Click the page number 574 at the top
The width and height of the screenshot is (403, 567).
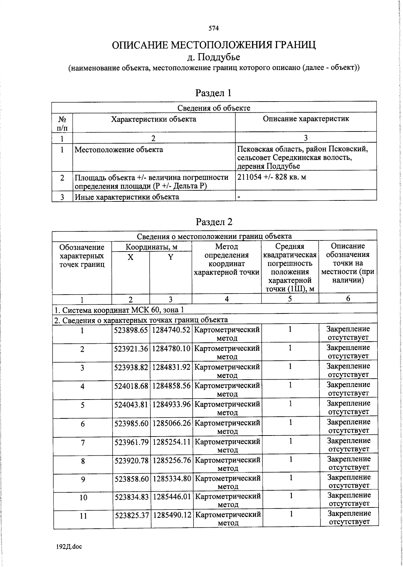[x=214, y=29]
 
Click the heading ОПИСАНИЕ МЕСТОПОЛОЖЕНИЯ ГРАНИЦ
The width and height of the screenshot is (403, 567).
[x=214, y=45]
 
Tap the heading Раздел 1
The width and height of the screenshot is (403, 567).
[x=214, y=93]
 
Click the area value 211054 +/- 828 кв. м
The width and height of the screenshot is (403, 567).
[x=272, y=177]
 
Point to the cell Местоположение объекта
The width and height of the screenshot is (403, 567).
[x=119, y=150]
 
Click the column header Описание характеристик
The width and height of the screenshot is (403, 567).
[x=306, y=119]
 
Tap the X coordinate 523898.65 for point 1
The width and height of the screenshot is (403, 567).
[x=131, y=330]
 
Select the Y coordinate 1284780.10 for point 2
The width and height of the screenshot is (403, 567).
[x=171, y=349]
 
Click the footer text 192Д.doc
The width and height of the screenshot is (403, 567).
[x=69, y=547]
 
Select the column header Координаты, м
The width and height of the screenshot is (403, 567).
[x=151, y=247]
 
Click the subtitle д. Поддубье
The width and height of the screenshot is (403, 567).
[x=214, y=57]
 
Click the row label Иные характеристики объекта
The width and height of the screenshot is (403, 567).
[x=127, y=197]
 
